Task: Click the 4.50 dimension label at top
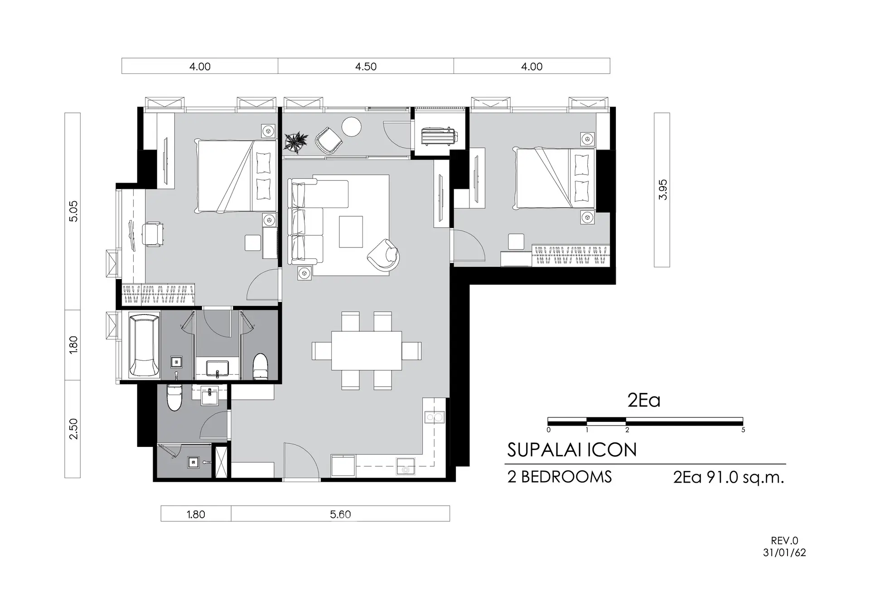pyautogui.click(x=366, y=67)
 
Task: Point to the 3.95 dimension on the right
pyautogui.click(x=662, y=190)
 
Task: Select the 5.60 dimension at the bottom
pyautogui.click(x=340, y=514)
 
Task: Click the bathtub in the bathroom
pyautogui.click(x=145, y=345)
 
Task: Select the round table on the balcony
pyautogui.click(x=351, y=126)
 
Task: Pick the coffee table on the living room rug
pyautogui.click(x=351, y=232)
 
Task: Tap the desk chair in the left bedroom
pyautogui.click(x=153, y=235)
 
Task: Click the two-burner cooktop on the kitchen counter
pyautogui.click(x=434, y=417)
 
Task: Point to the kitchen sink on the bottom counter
pyautogui.click(x=406, y=467)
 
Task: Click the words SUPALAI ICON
pyautogui.click(x=572, y=450)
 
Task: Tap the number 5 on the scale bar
pyautogui.click(x=743, y=430)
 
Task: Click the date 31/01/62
pyautogui.click(x=784, y=553)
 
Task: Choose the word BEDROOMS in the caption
pyautogui.click(x=566, y=477)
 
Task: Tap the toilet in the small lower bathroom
pyautogui.click(x=174, y=397)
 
